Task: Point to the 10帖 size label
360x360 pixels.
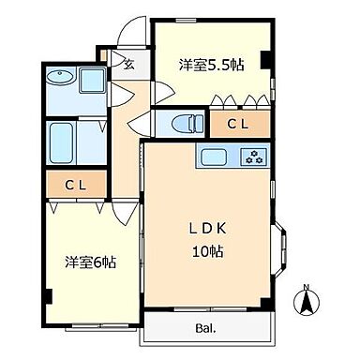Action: pos(208,251)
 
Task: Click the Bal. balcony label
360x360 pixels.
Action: pos(206,327)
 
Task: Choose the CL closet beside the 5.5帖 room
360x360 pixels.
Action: pos(234,124)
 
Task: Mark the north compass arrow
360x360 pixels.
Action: pos(305,303)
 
